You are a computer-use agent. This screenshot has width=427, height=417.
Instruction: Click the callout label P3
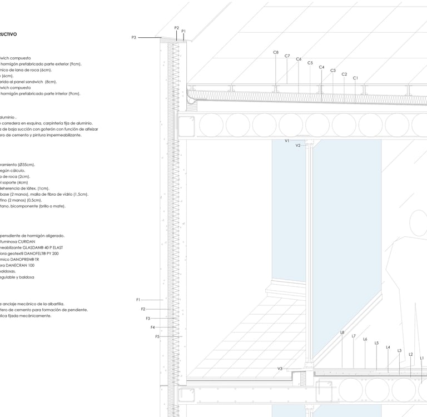[x=134, y=37]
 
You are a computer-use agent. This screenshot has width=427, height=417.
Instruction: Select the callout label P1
[x=183, y=31]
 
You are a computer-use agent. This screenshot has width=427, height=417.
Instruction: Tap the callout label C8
[x=276, y=52]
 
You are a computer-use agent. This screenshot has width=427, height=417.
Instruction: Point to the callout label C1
[x=355, y=78]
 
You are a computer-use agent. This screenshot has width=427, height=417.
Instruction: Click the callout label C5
[x=310, y=63]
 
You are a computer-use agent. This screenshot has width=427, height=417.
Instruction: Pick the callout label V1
[x=287, y=141]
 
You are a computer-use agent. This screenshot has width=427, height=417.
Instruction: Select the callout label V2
[x=298, y=145]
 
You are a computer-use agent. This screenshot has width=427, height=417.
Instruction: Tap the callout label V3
[x=280, y=369]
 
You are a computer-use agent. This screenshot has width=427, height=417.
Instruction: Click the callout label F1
[x=138, y=300]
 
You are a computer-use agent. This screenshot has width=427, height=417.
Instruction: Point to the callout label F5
[x=157, y=336]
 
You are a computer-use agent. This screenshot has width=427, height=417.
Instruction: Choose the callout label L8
[x=342, y=332]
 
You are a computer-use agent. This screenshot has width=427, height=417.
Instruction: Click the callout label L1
[x=422, y=358]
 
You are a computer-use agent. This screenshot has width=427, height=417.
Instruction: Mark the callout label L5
[x=376, y=343]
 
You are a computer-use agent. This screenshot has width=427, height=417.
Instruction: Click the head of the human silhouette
[x=419, y=222]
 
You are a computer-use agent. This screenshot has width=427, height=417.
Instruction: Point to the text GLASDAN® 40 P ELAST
[x=47, y=247]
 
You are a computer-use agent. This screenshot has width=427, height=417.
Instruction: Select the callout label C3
[x=333, y=71]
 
